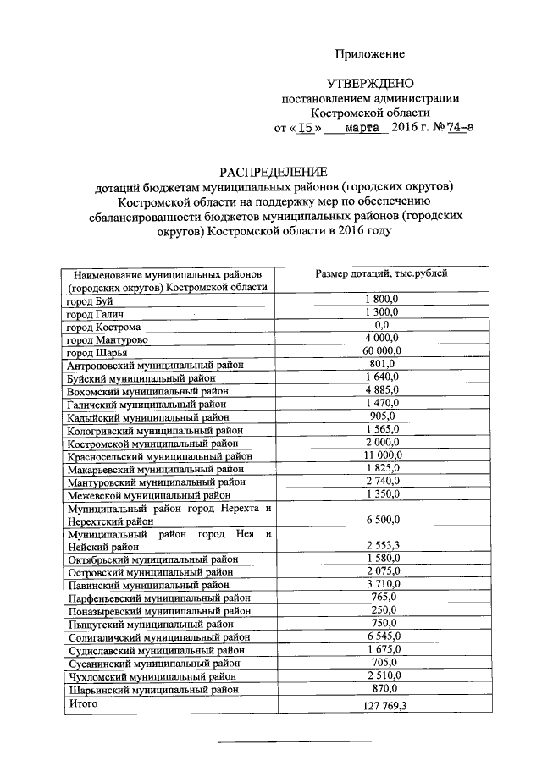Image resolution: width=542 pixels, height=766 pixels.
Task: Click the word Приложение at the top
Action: [x=370, y=54]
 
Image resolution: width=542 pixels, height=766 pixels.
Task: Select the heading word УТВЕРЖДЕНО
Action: [x=369, y=84]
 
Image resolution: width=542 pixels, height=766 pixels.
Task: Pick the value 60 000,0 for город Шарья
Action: [x=381, y=351]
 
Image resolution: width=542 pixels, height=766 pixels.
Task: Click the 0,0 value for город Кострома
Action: [x=381, y=325]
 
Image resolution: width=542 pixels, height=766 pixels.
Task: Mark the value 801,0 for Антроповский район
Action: [x=381, y=364]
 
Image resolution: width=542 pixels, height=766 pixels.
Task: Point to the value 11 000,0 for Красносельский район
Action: [x=381, y=455]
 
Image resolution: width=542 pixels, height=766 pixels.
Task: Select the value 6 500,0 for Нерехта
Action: [x=381, y=520]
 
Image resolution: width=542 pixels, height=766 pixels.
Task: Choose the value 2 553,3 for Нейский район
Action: [x=381, y=546]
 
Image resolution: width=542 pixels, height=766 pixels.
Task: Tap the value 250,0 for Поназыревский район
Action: [x=381, y=610]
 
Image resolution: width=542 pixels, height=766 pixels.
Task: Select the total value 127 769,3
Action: [x=381, y=704]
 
